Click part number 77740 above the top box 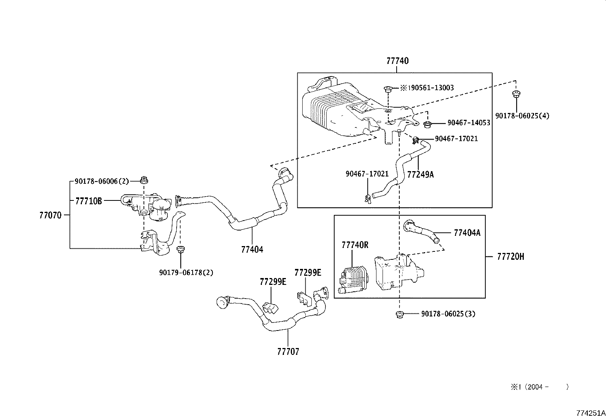click(397, 61)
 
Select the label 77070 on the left click(50, 215)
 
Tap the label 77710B click(88, 201)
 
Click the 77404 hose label click(252, 250)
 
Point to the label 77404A click(467, 233)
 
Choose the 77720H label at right click(510, 257)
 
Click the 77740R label click(355, 245)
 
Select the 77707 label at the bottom click(288, 351)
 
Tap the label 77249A click(420, 175)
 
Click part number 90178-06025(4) click(522, 116)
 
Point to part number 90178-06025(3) click(448, 314)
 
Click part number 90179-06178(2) click(186, 272)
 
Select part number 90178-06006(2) click(102, 182)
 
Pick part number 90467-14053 click(469, 123)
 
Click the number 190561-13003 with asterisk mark click(426, 88)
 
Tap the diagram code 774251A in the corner click(590, 413)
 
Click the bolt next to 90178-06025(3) click(399, 314)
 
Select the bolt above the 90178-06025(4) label click(516, 94)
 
